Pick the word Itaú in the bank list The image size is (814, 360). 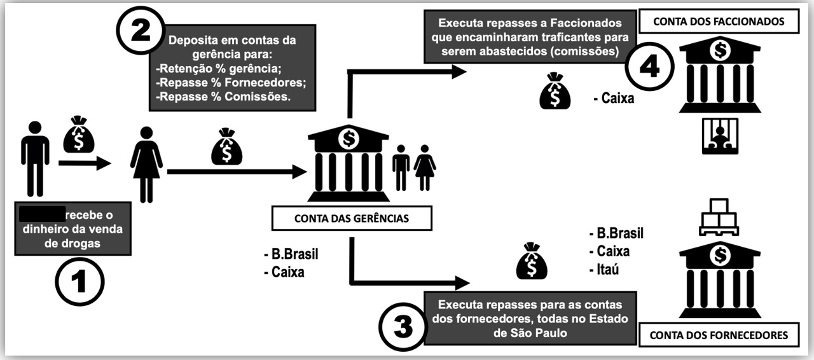pos(604,269)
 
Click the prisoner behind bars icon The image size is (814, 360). pos(720,136)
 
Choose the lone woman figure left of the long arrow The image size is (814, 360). pos(146,163)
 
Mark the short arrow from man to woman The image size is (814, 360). pos(84,163)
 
